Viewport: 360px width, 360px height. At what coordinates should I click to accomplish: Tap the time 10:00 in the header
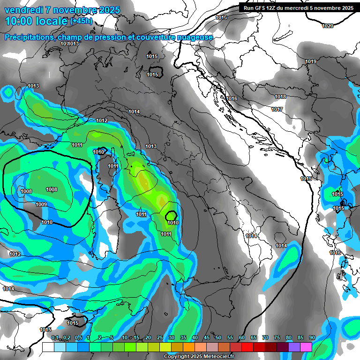(18, 21)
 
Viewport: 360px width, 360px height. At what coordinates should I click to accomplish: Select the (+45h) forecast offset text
(81, 21)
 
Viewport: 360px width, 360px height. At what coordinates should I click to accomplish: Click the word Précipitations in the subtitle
(28, 37)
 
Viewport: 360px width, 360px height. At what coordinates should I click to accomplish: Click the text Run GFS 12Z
(260, 8)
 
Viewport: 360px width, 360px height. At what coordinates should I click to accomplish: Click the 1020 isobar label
(328, 26)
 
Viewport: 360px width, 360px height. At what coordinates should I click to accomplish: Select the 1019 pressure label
(311, 62)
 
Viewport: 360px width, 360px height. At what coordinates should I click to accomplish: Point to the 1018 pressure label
(280, 97)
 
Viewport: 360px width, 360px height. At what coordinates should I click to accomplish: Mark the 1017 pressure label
(277, 109)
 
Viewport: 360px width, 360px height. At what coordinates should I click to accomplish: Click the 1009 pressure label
(41, 204)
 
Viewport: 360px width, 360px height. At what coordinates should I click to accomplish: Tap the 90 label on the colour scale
(312, 337)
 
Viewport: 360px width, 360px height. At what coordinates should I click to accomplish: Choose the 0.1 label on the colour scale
(54, 337)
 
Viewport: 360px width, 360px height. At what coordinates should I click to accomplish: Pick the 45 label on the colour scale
(207, 337)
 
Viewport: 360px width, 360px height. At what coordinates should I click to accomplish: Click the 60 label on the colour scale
(242, 337)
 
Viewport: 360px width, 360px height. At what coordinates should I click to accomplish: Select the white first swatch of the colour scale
(48, 347)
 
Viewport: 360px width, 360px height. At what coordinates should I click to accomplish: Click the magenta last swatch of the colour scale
(306, 347)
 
